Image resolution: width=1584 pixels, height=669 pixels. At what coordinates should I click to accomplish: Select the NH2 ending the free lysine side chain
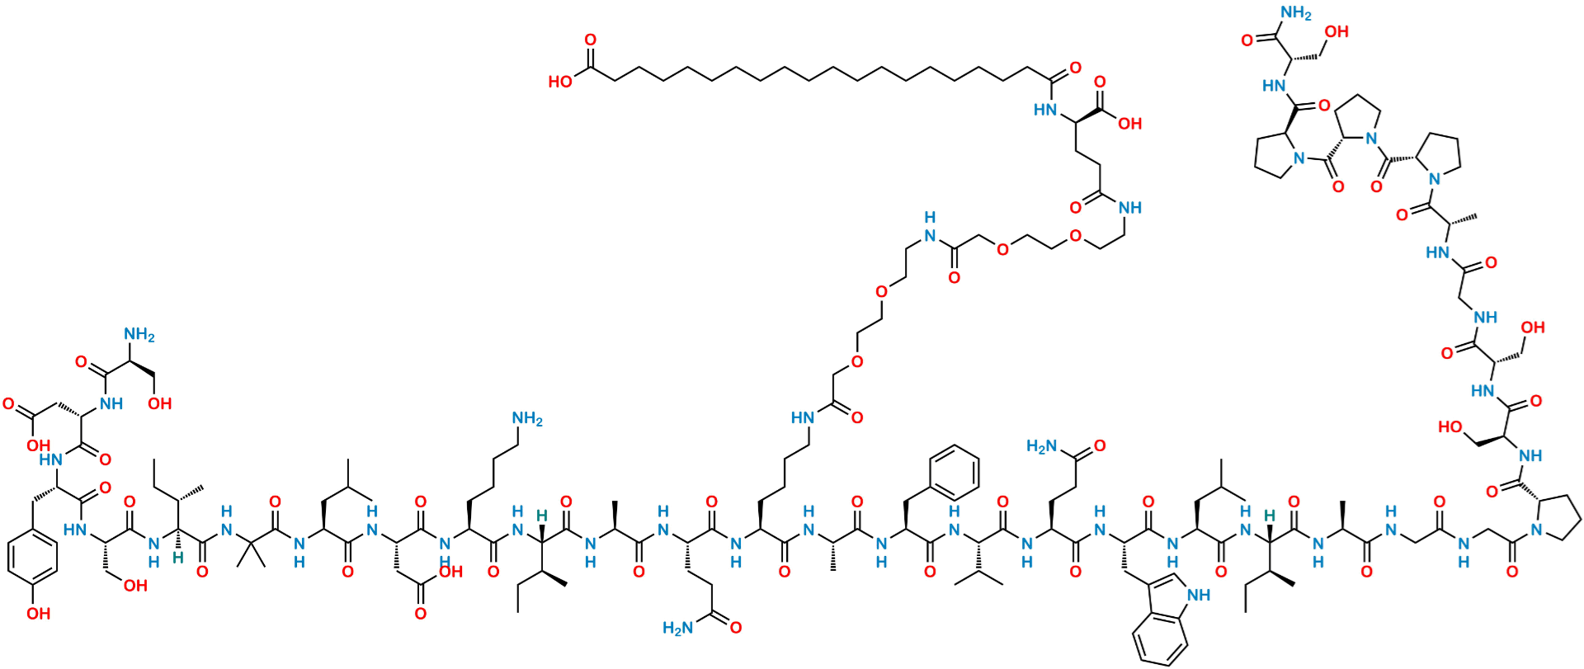click(x=528, y=421)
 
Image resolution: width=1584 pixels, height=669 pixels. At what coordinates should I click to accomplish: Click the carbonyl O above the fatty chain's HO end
click(x=590, y=38)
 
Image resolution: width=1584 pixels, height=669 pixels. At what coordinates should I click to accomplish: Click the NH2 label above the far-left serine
click(x=139, y=336)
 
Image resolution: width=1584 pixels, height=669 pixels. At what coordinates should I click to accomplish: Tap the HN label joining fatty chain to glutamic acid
click(x=1044, y=111)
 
